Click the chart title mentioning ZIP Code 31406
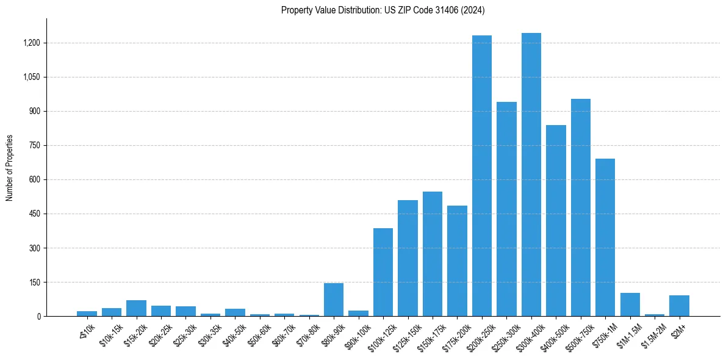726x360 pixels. pyautogui.click(x=383, y=10)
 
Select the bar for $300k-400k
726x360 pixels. pyautogui.click(x=531, y=175)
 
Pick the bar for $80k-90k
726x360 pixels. pyautogui.click(x=334, y=300)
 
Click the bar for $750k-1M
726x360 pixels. pyautogui.click(x=605, y=237)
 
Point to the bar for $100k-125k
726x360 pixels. pyautogui.click(x=383, y=272)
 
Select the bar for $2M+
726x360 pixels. pyautogui.click(x=679, y=306)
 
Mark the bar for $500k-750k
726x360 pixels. pyautogui.click(x=581, y=207)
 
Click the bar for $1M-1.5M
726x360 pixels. pyautogui.click(x=630, y=304)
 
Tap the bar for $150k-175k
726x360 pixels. pyautogui.click(x=433, y=254)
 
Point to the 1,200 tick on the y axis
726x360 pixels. pyautogui.click(x=32, y=43)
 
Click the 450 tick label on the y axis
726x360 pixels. pyautogui.click(x=34, y=214)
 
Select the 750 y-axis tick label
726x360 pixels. pyautogui.click(x=34, y=146)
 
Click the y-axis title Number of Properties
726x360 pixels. pyautogui.click(x=10, y=168)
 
